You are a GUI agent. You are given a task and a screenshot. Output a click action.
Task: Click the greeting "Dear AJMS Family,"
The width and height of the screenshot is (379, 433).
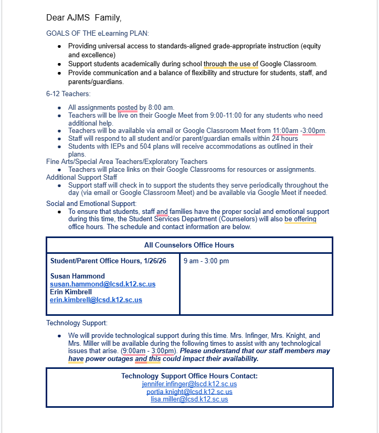click(x=83, y=18)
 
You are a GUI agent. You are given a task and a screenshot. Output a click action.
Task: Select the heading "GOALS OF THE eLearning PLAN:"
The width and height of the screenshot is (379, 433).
click(x=97, y=33)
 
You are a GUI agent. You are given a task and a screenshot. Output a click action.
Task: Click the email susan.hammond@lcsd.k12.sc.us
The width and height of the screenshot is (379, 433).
click(x=102, y=284)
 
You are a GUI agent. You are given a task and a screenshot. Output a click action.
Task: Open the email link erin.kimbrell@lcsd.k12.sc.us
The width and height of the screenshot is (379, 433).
click(x=96, y=300)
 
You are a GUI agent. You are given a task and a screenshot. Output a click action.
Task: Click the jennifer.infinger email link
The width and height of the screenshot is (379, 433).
click(x=189, y=384)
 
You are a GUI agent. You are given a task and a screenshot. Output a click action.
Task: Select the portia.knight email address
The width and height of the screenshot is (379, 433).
click(x=189, y=391)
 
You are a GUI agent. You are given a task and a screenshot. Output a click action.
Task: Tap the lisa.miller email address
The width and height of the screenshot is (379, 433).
click(x=189, y=399)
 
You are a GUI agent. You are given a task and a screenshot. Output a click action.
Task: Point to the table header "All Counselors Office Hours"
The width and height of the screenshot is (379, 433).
click(x=189, y=245)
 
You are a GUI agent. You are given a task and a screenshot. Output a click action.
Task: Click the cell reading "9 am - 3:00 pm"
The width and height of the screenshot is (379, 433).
click(x=206, y=261)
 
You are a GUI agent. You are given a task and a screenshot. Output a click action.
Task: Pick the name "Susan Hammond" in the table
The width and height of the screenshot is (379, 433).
click(x=77, y=276)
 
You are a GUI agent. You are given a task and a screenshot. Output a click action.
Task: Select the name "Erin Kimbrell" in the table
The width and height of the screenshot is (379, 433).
click(x=71, y=292)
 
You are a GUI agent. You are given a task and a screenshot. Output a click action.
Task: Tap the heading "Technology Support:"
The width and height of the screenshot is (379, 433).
click(x=77, y=323)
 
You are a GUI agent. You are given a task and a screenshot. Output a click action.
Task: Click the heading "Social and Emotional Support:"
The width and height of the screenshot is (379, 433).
click(x=91, y=204)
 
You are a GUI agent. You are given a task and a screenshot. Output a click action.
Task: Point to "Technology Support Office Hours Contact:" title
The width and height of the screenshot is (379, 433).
click(x=189, y=376)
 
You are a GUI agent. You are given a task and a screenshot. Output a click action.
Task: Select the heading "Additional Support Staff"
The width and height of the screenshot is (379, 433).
click(x=81, y=178)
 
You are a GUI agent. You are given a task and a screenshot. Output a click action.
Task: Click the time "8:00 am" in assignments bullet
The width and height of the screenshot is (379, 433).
click(x=162, y=108)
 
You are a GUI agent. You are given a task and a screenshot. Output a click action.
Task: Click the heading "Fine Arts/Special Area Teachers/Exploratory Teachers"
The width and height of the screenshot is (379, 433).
click(x=127, y=162)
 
